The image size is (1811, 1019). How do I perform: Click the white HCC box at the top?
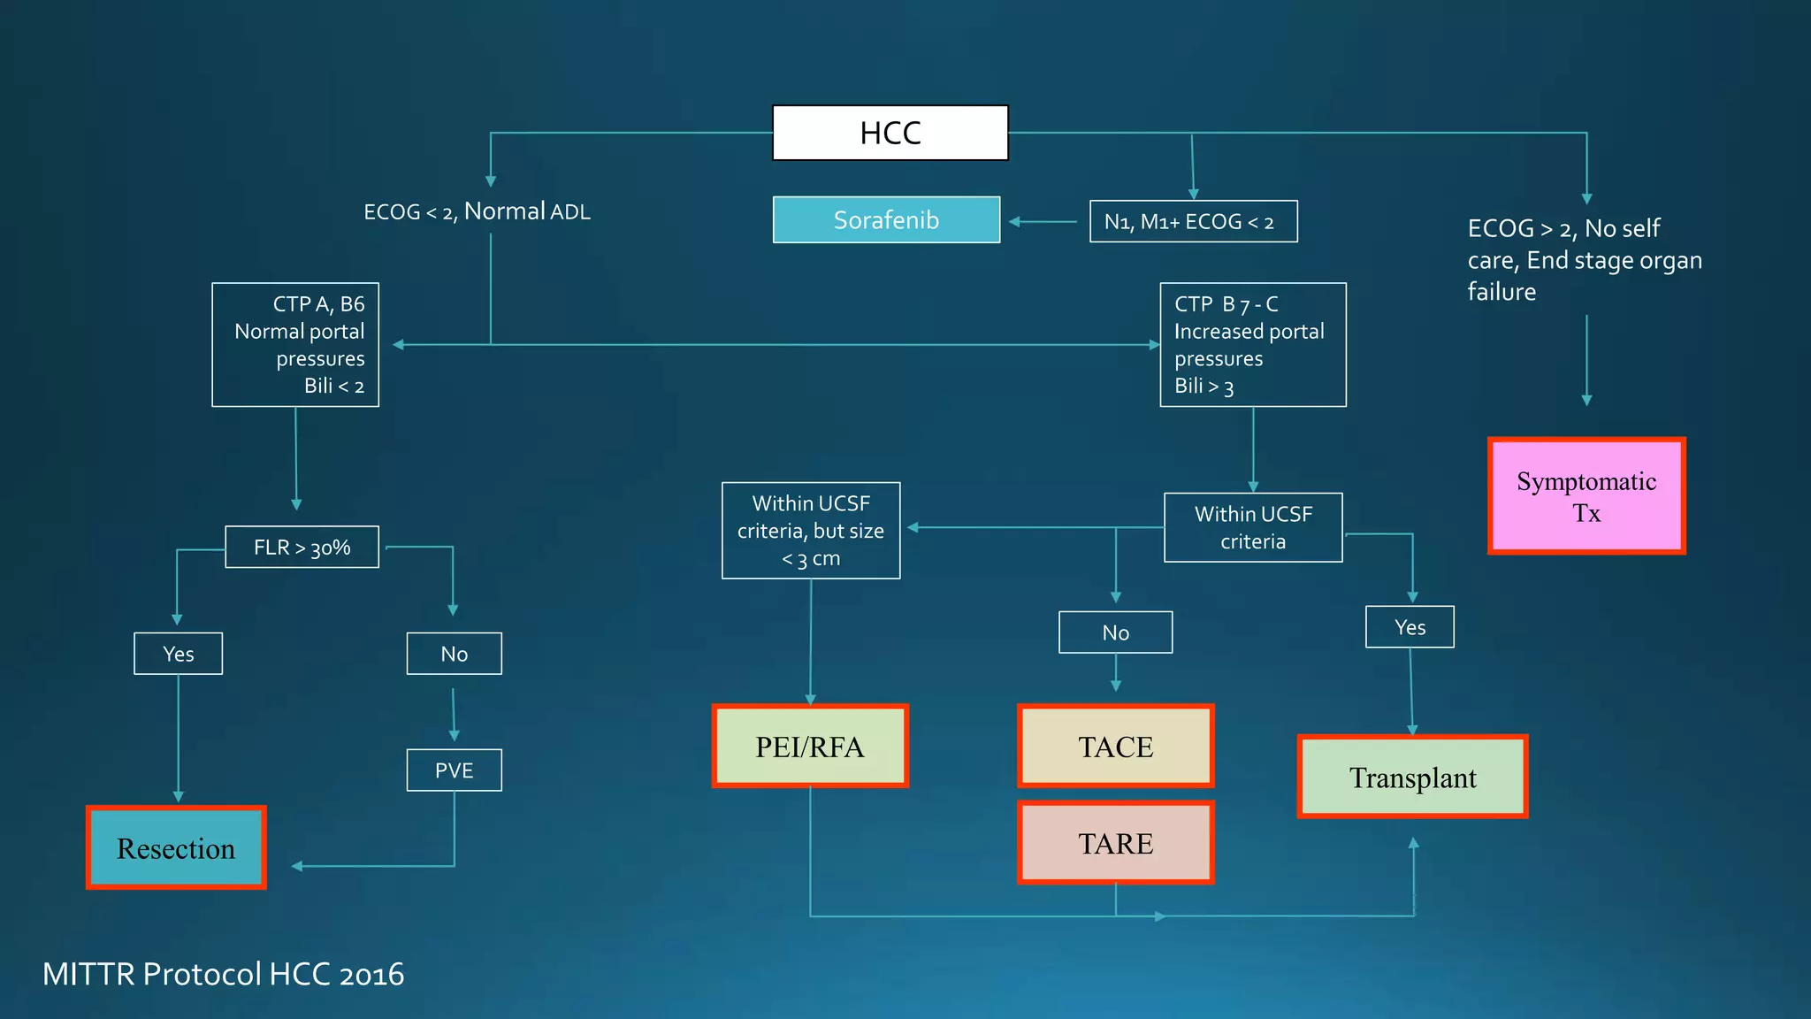click(x=890, y=133)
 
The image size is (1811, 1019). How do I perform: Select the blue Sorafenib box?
click(x=886, y=219)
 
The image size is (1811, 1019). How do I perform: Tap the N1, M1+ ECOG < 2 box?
click(x=1193, y=221)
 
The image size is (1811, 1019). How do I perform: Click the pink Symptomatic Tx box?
click(x=1586, y=496)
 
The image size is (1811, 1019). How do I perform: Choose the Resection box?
click(x=176, y=847)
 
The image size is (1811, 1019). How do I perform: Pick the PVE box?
click(x=454, y=770)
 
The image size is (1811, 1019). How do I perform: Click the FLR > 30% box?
click(x=302, y=547)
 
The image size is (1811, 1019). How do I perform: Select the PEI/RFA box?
click(x=810, y=746)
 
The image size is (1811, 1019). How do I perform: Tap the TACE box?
click(x=1115, y=746)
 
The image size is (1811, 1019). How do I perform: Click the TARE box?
click(x=1115, y=842)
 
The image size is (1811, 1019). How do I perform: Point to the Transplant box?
click(x=1412, y=777)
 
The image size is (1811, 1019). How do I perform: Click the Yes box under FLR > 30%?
click(x=178, y=653)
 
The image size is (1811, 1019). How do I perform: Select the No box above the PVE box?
click(x=454, y=653)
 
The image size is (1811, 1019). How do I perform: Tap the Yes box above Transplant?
click(x=1410, y=626)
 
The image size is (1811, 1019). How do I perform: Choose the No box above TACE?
click(x=1115, y=632)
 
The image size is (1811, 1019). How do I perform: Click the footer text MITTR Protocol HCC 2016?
click(x=223, y=973)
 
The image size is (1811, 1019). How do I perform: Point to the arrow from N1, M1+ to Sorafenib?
click(x=1043, y=221)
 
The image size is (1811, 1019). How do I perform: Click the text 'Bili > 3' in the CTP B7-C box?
click(x=1204, y=387)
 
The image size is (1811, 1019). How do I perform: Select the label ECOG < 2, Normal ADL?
click(x=477, y=211)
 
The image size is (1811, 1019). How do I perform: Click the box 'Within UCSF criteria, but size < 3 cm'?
click(x=810, y=530)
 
